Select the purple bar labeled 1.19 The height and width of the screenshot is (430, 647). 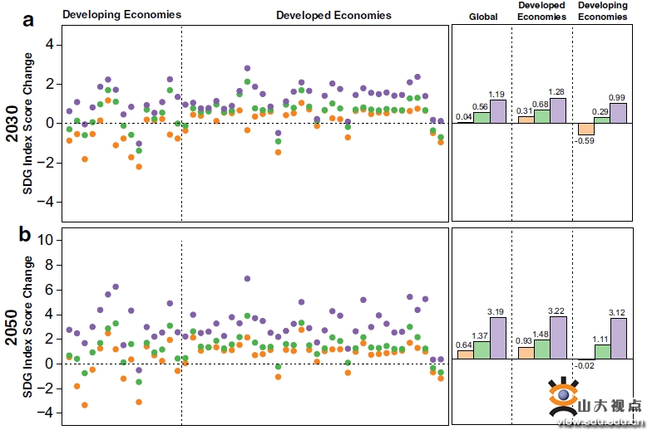tap(498, 111)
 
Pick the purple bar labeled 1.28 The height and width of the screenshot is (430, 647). tap(557, 110)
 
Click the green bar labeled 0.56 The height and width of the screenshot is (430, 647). tap(482, 117)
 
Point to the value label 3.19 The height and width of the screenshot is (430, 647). tap(497, 311)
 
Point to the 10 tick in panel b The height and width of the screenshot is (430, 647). tap(47, 240)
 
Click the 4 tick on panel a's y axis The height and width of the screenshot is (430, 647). tap(49, 44)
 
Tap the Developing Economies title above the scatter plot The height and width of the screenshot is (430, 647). tap(122, 15)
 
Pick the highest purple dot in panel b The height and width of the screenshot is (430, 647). tap(247, 279)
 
